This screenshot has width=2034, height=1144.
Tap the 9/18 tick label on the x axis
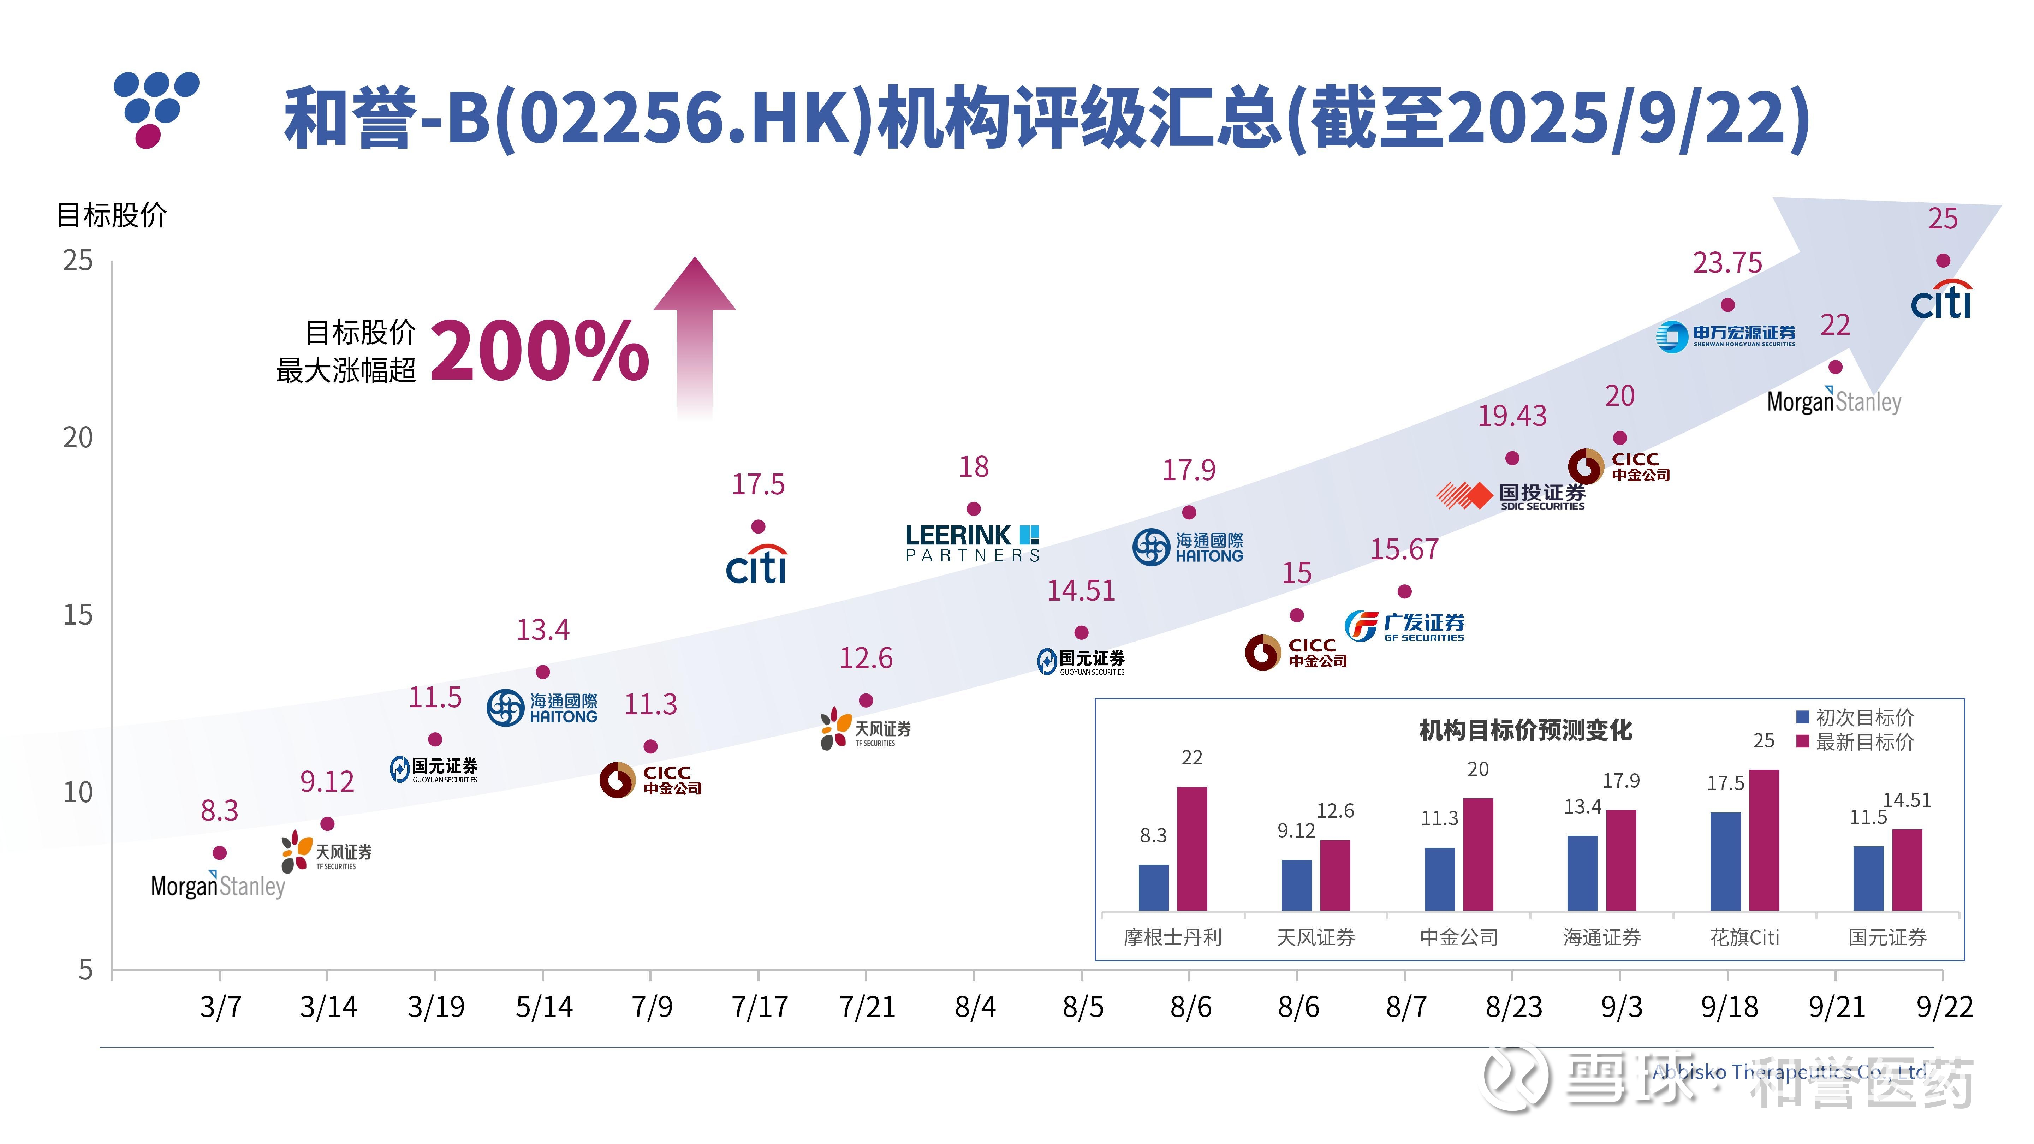1729,1007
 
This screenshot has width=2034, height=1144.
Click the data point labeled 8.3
220,853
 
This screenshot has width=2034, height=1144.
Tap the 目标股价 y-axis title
112,215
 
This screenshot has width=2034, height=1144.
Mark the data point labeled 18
974,509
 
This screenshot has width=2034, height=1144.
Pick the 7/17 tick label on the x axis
759,1007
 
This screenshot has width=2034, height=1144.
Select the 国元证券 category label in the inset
1887,937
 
